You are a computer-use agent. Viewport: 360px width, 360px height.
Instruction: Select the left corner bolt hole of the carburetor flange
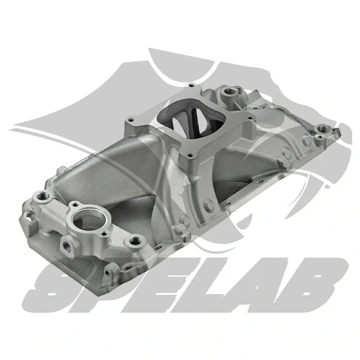pyautogui.click(x=131, y=120)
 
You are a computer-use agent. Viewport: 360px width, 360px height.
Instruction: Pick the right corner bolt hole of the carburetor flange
pyautogui.click(x=249, y=118)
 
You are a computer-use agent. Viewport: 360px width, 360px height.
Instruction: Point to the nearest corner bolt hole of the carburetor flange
pyautogui.click(x=190, y=156)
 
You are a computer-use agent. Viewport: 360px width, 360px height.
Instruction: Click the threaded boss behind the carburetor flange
pyautogui.click(x=228, y=92)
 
